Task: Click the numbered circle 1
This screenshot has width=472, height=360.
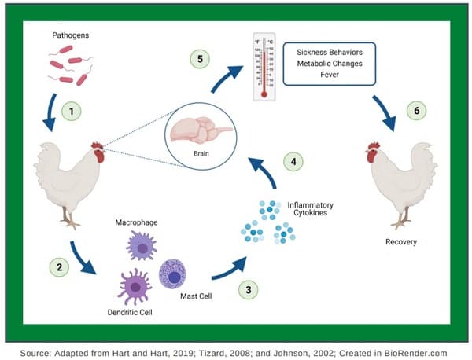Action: (72, 112)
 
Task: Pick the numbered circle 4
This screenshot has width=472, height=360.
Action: (293, 163)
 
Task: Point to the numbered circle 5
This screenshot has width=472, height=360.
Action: (201, 57)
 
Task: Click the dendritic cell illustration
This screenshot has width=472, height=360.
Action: (135, 287)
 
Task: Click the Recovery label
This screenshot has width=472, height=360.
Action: (401, 242)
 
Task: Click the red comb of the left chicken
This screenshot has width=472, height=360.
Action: (97, 147)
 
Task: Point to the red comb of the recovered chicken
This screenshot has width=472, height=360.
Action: (374, 147)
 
